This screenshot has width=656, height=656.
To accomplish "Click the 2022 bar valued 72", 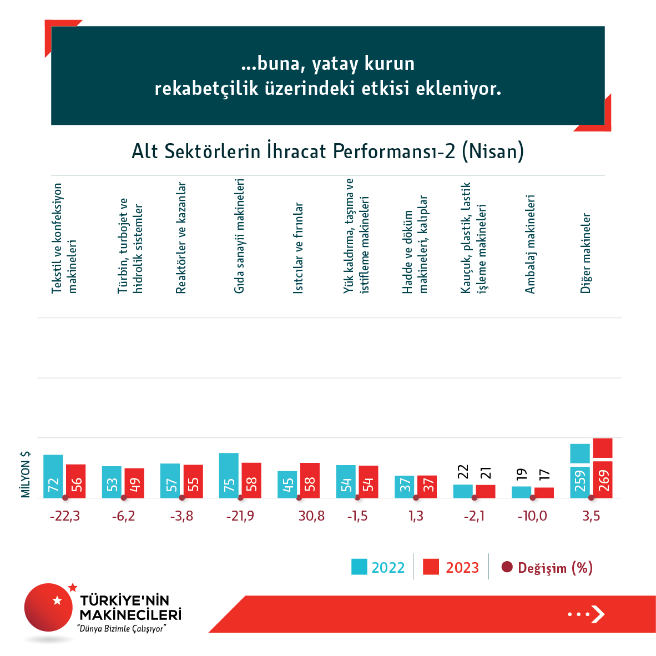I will (x=53, y=477).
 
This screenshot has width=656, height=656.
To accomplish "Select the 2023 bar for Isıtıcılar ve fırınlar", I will (x=310, y=481).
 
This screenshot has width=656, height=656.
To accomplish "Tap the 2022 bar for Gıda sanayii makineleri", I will (x=229, y=476).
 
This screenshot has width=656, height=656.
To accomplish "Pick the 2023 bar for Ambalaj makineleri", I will (x=544, y=493).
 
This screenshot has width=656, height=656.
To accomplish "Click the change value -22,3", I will (x=65, y=516).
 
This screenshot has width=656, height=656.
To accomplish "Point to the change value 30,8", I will (x=311, y=516).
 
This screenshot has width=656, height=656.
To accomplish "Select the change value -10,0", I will (x=532, y=516).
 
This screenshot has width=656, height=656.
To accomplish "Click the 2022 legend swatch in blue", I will (x=359, y=567).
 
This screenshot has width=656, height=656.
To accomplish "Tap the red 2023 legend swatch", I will (x=431, y=567).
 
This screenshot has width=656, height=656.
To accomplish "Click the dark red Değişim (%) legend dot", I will (x=506, y=567).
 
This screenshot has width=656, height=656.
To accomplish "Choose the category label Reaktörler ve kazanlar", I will (x=181, y=238).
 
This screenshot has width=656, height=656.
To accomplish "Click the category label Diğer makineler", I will (x=586, y=253).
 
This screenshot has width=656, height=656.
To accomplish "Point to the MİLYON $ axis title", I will (x=26, y=474).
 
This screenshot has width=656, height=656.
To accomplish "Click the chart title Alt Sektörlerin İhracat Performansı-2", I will (x=327, y=151).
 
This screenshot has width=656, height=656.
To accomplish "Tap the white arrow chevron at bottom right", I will (x=598, y=614).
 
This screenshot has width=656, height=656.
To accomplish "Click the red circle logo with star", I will (x=48, y=607).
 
